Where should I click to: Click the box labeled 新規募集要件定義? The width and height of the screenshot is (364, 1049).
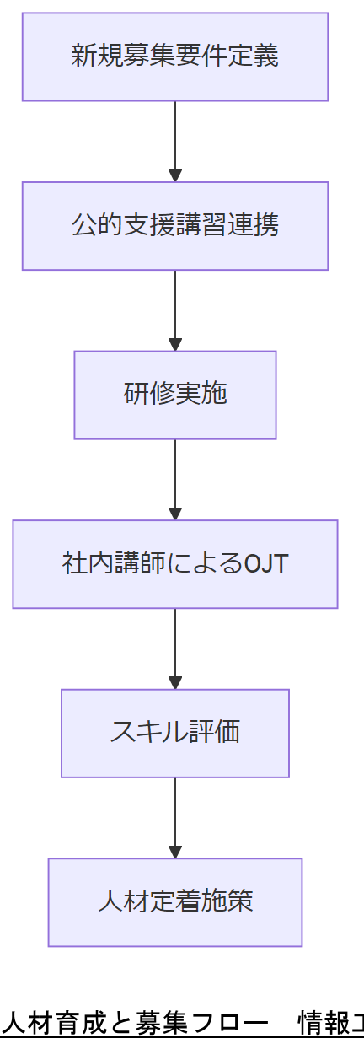174,56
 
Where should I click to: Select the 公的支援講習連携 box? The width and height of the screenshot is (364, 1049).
174,226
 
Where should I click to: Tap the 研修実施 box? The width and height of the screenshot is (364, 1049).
174,395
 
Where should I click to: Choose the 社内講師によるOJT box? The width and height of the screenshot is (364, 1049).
174,563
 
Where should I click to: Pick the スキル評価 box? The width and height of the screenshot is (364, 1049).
174,733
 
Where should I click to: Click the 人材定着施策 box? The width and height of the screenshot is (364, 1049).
174,901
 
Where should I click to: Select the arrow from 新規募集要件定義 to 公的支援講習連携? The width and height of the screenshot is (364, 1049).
175,141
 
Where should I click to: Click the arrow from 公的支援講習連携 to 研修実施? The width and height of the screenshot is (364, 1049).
175,309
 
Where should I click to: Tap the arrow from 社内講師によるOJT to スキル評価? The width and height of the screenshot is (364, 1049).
175,648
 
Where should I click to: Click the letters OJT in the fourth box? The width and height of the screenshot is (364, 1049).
265,563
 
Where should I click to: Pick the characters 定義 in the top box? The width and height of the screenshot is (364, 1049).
257,56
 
